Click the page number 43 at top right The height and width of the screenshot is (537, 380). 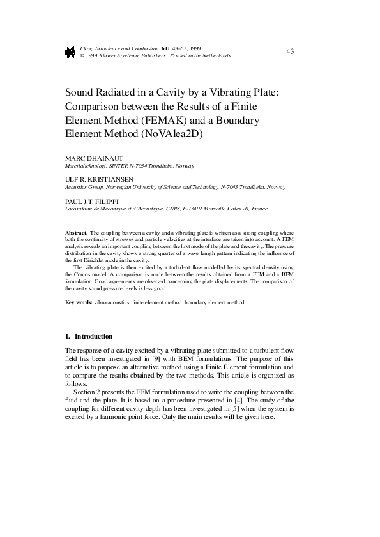290,50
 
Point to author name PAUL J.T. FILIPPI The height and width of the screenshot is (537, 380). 91,201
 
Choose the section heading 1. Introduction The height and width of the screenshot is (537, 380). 89,336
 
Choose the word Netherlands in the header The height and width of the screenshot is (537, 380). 217,55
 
